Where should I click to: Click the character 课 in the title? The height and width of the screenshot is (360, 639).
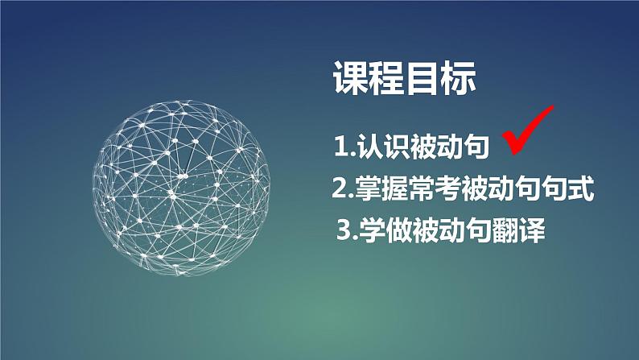[350, 80]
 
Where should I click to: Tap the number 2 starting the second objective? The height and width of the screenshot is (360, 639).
[339, 191]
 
